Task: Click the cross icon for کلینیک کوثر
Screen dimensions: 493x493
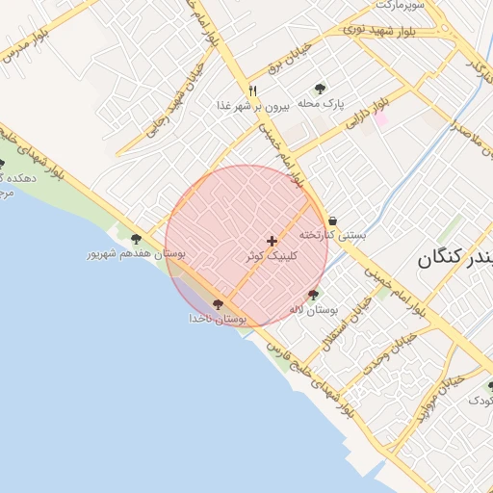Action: (272, 241)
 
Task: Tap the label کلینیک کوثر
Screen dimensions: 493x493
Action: (272, 257)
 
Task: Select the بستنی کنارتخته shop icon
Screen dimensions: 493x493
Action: (332, 221)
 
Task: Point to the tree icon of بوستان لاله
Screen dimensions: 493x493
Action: (313, 295)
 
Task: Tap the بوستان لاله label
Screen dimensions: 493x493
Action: (314, 310)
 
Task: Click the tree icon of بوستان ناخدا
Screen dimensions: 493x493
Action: (218, 303)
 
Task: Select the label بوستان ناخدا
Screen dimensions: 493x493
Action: (218, 318)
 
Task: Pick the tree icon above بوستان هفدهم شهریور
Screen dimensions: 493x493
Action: (136, 239)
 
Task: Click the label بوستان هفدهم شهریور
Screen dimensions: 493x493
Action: (136, 254)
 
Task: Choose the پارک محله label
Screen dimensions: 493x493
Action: (321, 102)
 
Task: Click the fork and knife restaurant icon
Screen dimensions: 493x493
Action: (252, 90)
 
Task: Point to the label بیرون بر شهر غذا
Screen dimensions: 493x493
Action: (252, 105)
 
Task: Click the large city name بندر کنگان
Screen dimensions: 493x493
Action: (455, 259)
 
